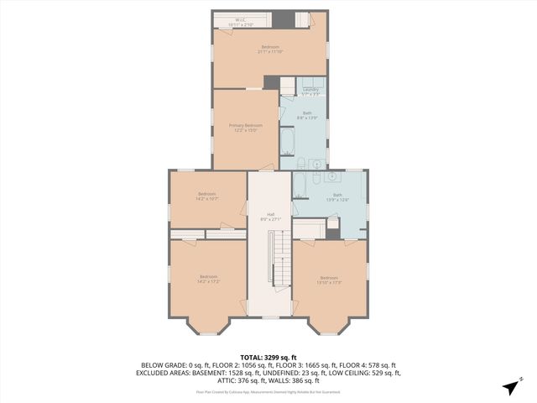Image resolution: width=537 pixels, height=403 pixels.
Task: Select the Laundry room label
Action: (x=310, y=90)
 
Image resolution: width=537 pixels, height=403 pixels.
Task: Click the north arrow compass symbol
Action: (x=510, y=386)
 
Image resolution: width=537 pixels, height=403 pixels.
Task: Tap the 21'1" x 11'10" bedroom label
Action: (x=269, y=49)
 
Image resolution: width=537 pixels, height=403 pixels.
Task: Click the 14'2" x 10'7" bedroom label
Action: (x=206, y=196)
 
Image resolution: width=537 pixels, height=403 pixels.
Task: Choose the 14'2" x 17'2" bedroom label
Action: (x=208, y=279)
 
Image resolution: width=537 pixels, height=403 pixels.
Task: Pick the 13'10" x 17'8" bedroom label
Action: (x=328, y=280)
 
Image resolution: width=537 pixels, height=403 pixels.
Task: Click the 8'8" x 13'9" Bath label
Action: (x=307, y=115)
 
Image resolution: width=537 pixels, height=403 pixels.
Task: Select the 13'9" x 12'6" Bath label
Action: (x=337, y=196)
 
